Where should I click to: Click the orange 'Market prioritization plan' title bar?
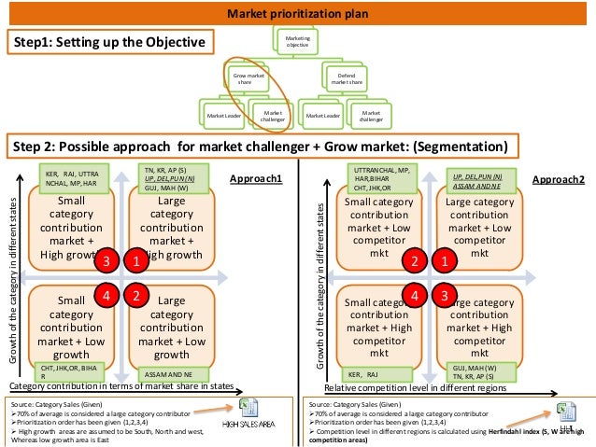click(x=298, y=13)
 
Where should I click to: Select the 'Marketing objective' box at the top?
click(x=298, y=41)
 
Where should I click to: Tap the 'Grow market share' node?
click(x=249, y=78)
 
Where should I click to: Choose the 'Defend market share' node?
click(x=347, y=78)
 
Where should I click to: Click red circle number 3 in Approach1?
click(x=107, y=261)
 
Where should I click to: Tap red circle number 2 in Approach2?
click(x=414, y=261)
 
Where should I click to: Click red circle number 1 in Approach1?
click(x=136, y=261)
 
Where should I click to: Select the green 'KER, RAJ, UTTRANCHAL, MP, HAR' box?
click(x=75, y=178)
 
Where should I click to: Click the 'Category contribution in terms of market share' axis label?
click(x=120, y=385)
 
